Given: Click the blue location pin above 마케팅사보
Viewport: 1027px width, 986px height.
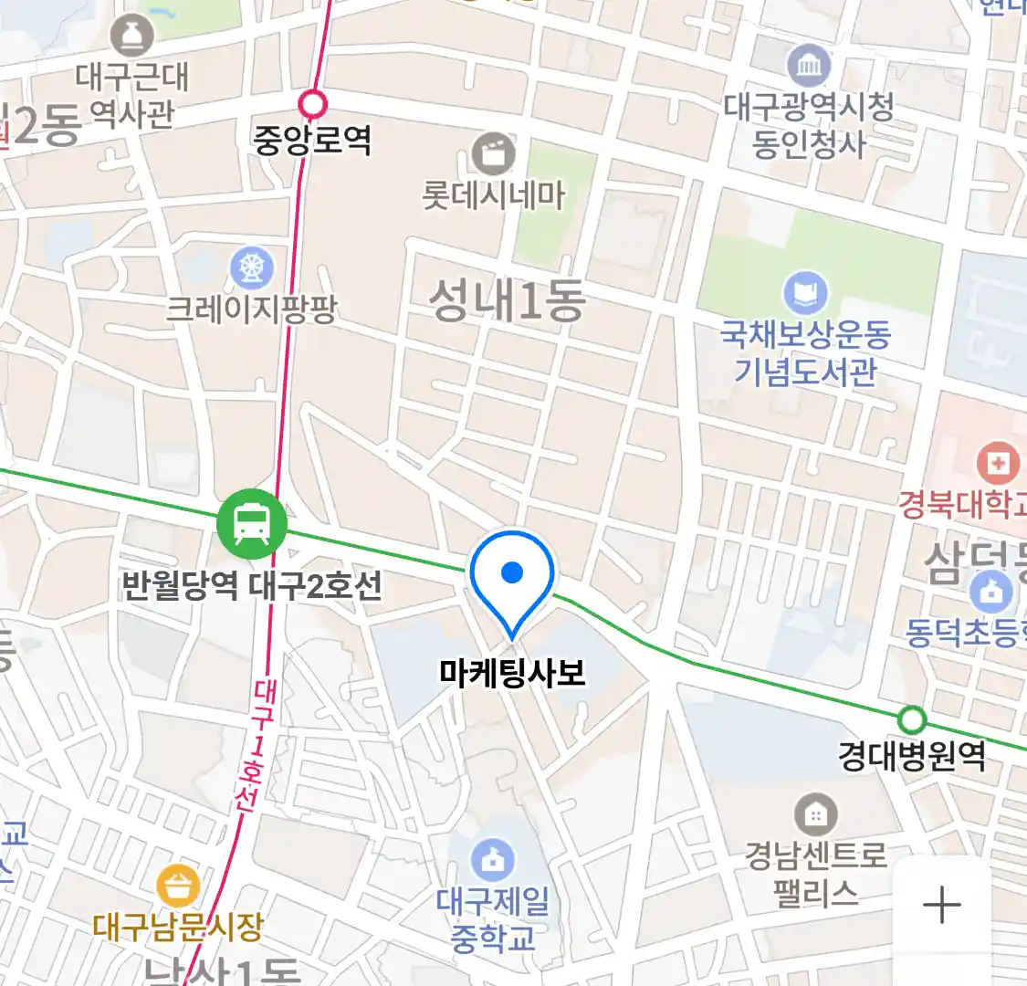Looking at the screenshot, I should [512, 575].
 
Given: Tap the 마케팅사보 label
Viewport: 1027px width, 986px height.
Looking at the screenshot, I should [512, 673].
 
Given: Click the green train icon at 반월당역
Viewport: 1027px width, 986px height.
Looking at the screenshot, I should [251, 524].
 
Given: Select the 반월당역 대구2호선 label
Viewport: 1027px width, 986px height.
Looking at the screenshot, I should [252, 585].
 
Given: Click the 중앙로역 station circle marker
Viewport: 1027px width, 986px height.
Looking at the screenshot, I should [313, 104].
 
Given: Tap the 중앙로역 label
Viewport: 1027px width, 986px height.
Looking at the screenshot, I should [312, 140].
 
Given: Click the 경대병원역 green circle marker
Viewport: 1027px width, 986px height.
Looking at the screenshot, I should [911, 719].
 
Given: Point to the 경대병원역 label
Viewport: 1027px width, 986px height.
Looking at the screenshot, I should [912, 756].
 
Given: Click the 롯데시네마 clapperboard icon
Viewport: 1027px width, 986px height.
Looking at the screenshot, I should [494, 153].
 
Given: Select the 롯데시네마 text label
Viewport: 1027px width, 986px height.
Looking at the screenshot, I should [494, 195].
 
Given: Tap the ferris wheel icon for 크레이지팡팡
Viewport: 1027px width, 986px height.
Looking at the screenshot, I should [251, 267].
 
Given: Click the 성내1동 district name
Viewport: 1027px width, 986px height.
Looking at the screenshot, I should [508, 301].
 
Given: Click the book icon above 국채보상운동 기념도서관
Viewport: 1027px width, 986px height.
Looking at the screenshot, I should [805, 294].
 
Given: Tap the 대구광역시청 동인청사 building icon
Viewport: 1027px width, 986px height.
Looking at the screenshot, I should [809, 65].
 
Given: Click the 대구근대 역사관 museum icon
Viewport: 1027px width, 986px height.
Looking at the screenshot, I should [132, 37].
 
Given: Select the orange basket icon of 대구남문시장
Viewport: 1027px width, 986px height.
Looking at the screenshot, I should [178, 886].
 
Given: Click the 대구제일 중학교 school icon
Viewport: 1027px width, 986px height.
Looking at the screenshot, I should [493, 860].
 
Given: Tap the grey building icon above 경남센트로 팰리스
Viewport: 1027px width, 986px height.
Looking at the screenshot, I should [815, 813].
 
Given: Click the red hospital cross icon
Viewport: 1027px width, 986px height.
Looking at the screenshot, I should [999, 464].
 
